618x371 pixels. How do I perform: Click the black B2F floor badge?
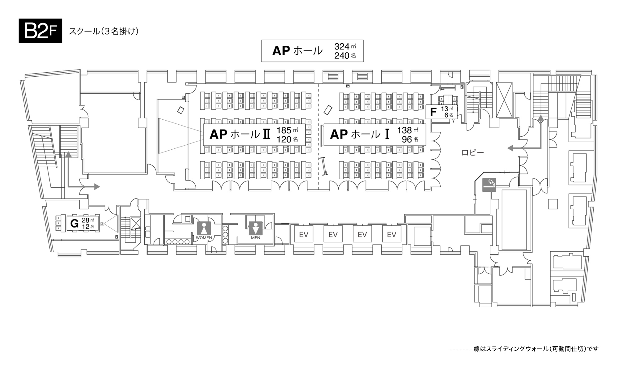click(x=40, y=31)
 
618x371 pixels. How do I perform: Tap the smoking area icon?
click(x=489, y=185)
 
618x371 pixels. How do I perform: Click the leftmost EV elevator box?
click(x=304, y=234)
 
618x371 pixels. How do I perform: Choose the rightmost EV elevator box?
click(x=392, y=234)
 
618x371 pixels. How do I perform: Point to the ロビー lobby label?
click(x=473, y=152)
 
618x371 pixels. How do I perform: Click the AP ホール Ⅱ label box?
click(x=254, y=134)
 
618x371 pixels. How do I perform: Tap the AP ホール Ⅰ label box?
click(x=375, y=134)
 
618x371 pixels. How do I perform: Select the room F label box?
click(x=442, y=112)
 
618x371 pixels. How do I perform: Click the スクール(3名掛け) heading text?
click(x=104, y=31)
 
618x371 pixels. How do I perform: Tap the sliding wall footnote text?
click(x=524, y=349)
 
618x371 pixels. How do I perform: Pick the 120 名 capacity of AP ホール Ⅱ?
click(x=287, y=139)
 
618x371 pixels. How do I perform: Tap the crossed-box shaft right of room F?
click(x=504, y=100)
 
